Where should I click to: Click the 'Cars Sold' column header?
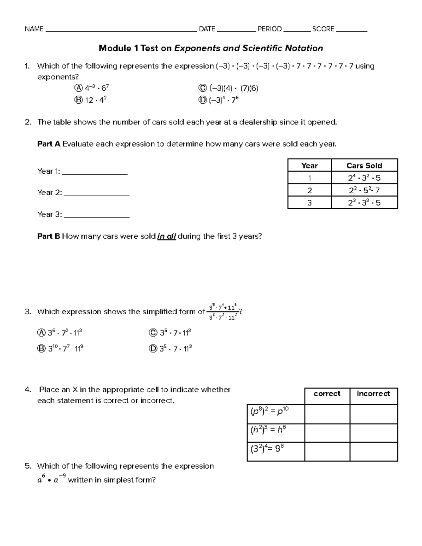[364, 166]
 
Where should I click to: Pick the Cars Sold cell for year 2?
[364, 191]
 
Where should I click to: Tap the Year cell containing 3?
[309, 203]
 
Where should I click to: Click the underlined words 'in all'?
[167, 237]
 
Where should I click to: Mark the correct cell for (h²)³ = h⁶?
[327, 433]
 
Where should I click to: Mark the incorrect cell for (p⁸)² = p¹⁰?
[373, 414]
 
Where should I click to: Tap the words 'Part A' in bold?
[49, 144]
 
